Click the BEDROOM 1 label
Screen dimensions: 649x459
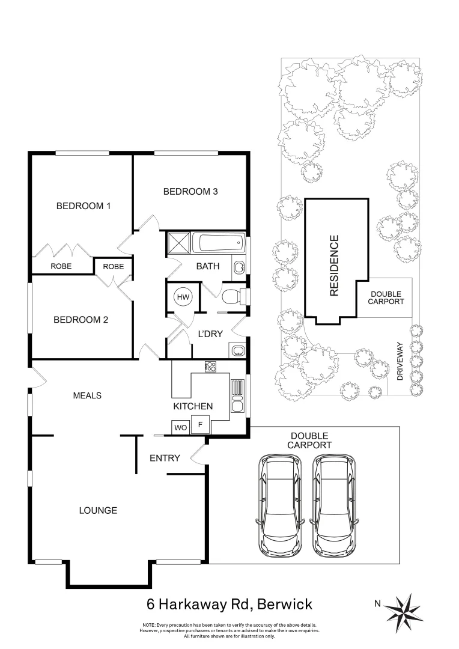[84, 206]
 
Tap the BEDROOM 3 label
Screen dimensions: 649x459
[190, 192]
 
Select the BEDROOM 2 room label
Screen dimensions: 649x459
[81, 319]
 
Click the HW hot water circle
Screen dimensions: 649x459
[181, 297]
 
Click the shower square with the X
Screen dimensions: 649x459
[178, 243]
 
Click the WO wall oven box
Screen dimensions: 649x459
[180, 427]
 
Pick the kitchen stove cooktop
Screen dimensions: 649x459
[210, 366]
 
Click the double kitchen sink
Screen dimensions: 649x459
[237, 397]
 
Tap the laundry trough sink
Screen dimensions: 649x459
[236, 350]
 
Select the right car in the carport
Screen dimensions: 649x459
[334, 506]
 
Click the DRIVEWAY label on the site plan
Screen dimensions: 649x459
[400, 359]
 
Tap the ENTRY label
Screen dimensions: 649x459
[165, 459]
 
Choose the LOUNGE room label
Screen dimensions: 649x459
[98, 510]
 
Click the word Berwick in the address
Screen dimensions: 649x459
[282, 603]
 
